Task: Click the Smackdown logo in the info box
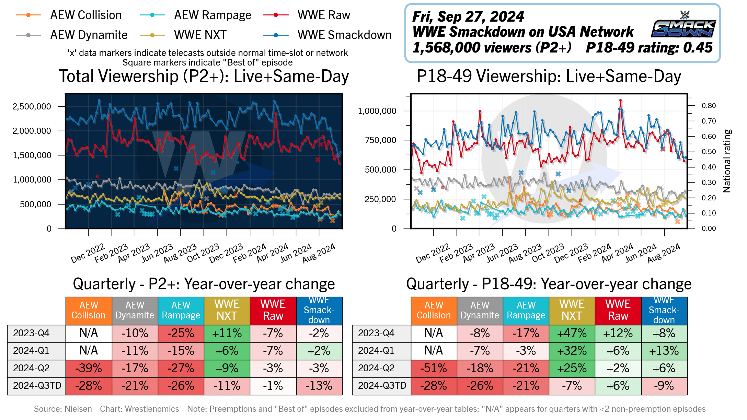coord(683,25)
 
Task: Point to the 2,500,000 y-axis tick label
coord(32,106)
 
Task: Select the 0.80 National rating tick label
coord(709,106)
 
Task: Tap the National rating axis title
coord(727,161)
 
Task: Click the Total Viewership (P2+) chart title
coord(204,76)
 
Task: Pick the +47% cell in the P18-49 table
coord(572,333)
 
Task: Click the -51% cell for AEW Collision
coord(434,368)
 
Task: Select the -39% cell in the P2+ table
coord(89,368)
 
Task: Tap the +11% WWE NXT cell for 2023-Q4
coord(227,333)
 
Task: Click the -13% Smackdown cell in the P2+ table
coord(319,386)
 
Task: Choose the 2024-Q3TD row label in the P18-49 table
coord(382,386)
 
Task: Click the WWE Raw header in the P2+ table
coord(273,310)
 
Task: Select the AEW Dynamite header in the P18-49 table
coord(480,310)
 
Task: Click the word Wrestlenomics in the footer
coord(152,409)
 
